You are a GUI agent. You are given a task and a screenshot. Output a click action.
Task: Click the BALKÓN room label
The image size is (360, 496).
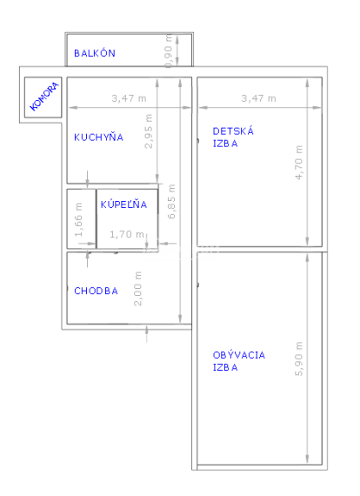coord(95,53)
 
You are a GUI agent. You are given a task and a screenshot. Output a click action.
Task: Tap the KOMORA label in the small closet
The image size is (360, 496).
coord(44,96)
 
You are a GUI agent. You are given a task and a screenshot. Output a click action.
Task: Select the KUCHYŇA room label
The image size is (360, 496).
coord(98,137)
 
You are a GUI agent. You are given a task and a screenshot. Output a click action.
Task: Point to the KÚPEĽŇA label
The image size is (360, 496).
coord(123,205)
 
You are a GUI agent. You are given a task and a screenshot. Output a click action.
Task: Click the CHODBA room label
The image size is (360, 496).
coord(96,292)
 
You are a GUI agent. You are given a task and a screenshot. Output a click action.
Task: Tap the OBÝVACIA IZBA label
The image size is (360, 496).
coord(239,361)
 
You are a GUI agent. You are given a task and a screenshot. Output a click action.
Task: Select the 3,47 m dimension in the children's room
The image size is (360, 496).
coord(258,98)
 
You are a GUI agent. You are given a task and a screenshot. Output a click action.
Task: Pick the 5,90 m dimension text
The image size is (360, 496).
coord(300,358)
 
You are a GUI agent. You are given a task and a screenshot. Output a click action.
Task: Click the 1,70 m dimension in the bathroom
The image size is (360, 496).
coord(128,234)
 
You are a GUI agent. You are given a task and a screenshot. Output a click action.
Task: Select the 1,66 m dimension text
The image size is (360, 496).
coord(79,220)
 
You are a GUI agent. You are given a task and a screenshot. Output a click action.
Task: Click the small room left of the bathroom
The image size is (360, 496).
coord(80,219)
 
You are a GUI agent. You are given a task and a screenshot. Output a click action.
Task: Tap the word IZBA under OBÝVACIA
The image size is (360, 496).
coord(225,367)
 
